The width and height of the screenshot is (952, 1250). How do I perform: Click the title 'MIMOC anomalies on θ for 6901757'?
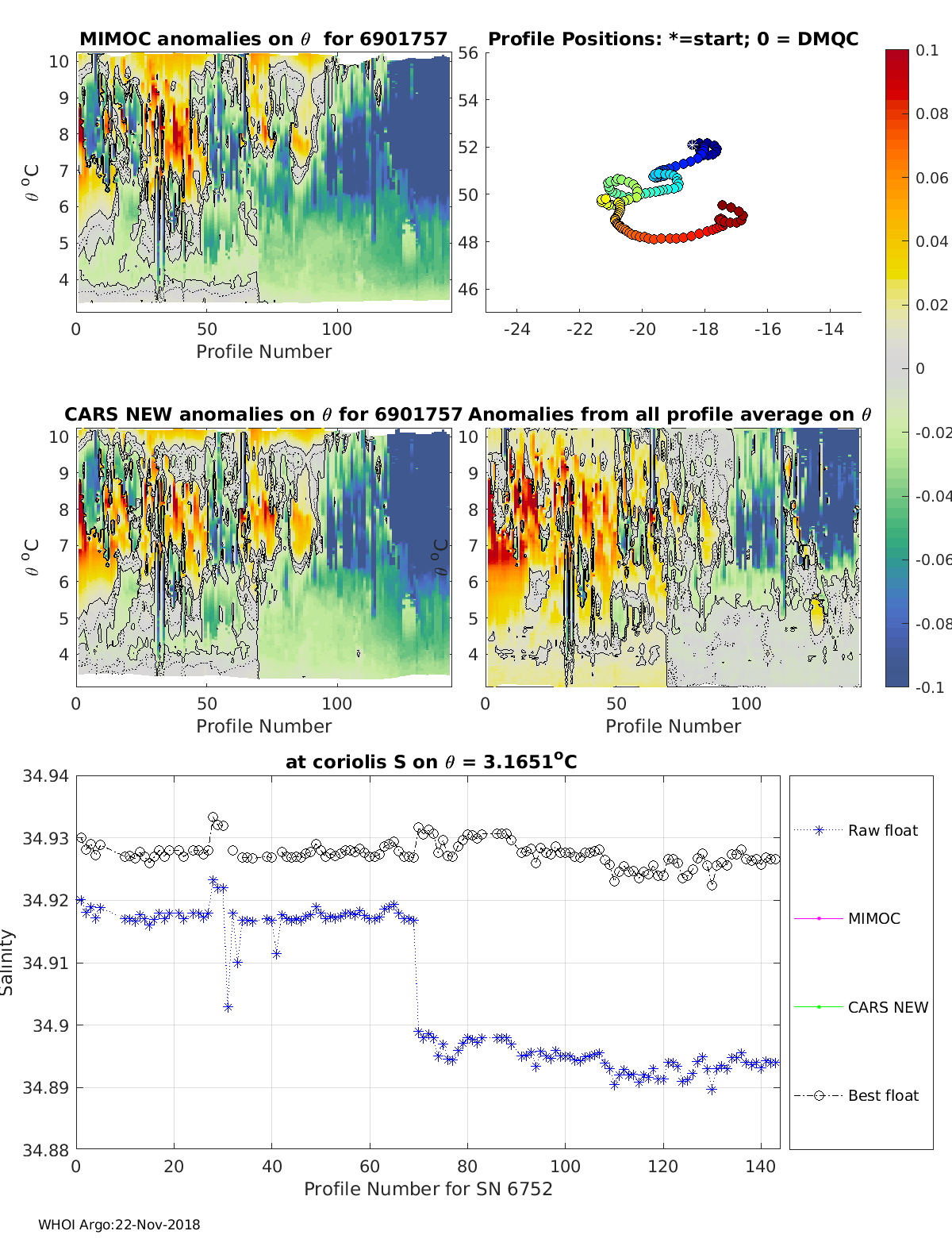[263, 39]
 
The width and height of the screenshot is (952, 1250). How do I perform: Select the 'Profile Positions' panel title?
[673, 39]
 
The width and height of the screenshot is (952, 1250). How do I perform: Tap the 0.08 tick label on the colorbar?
[931, 113]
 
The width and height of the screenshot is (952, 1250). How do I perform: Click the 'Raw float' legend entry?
[882, 830]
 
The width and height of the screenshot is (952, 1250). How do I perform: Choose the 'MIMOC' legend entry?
[873, 918]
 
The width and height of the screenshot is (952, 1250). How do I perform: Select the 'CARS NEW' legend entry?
[888, 1007]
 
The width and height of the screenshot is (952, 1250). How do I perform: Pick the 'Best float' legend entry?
[883, 1095]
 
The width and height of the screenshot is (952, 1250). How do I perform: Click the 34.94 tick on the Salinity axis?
[45, 775]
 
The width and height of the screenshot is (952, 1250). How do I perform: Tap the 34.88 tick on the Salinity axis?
[45, 1149]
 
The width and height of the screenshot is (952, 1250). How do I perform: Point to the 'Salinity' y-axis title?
[7, 962]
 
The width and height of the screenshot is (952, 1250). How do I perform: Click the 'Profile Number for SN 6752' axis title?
[428, 1189]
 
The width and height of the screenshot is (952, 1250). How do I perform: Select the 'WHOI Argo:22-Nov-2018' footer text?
[119, 1225]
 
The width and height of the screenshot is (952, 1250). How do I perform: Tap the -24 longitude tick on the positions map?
[516, 329]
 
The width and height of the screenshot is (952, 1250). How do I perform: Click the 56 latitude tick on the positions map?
[468, 53]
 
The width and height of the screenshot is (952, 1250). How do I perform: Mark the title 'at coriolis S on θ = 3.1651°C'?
[431, 762]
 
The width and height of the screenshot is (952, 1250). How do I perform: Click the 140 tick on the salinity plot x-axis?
[761, 1166]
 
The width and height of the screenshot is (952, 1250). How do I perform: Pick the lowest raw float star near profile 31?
[228, 1007]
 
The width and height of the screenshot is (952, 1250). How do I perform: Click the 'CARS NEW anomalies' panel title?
[263, 414]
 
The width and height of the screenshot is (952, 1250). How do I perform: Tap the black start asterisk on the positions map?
[693, 144]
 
